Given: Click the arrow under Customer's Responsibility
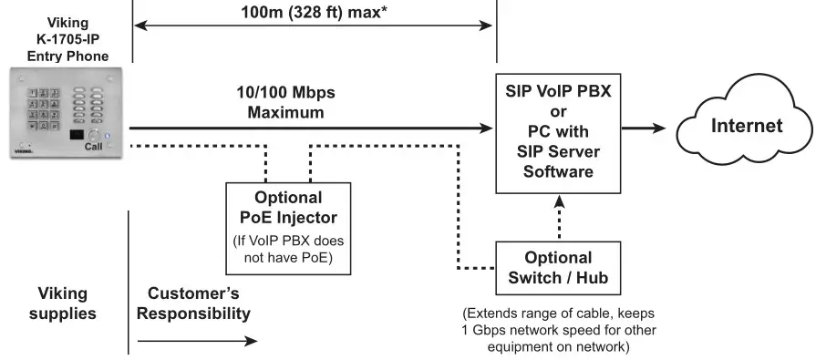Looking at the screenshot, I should tap(197, 342).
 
